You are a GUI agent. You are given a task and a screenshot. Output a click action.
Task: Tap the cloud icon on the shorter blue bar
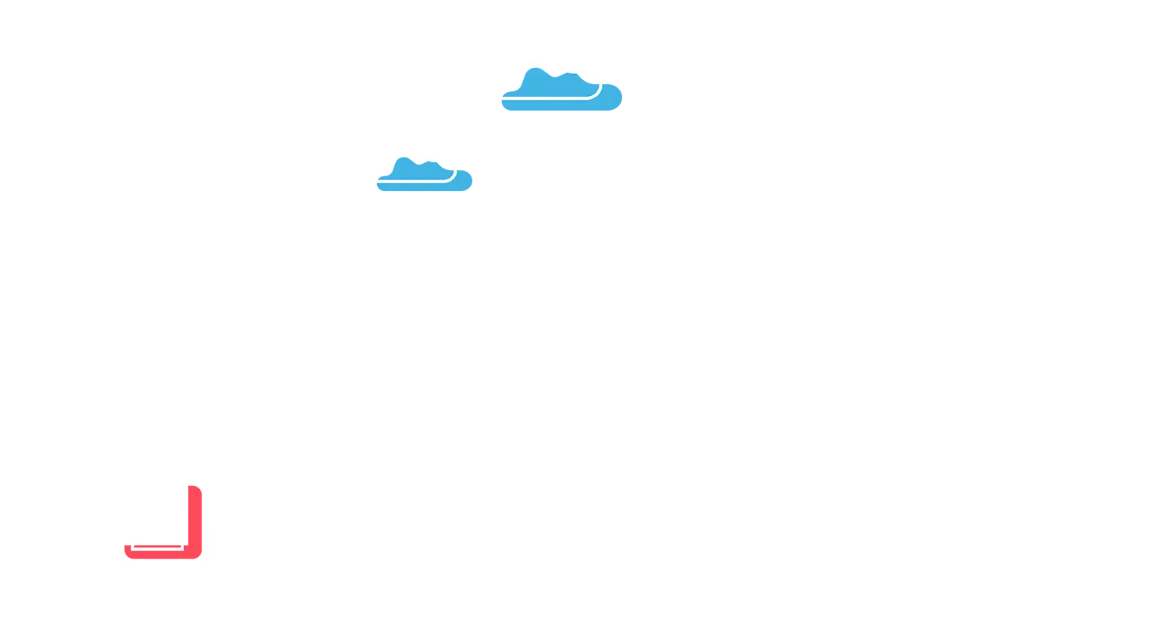coord(551,84)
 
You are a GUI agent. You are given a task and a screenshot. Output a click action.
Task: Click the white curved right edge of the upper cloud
coord(599,89)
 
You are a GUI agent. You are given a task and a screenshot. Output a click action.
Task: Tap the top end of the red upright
coord(200,484)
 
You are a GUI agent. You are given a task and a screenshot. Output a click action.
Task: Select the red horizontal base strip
coord(160,555)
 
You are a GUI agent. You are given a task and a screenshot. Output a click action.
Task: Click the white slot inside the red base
coord(156,547)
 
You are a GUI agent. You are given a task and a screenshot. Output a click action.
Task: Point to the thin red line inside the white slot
coord(156,544)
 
